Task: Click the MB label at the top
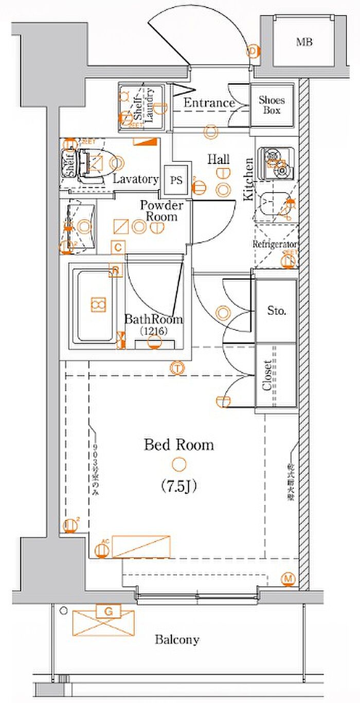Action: [x=304, y=42]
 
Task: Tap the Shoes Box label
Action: [x=272, y=105]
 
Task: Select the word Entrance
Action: [x=209, y=103]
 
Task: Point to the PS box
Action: [x=176, y=180]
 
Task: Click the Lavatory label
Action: [x=136, y=179]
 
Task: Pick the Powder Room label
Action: [x=161, y=211]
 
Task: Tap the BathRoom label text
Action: [x=154, y=319]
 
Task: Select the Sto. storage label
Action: [x=277, y=311]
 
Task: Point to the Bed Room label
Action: [x=178, y=444]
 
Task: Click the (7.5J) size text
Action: [x=178, y=485]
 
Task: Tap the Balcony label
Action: [x=177, y=640]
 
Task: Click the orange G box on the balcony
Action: [x=108, y=611]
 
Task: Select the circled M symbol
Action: [x=289, y=579]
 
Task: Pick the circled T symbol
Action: [x=177, y=367]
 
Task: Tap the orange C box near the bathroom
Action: [x=118, y=248]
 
